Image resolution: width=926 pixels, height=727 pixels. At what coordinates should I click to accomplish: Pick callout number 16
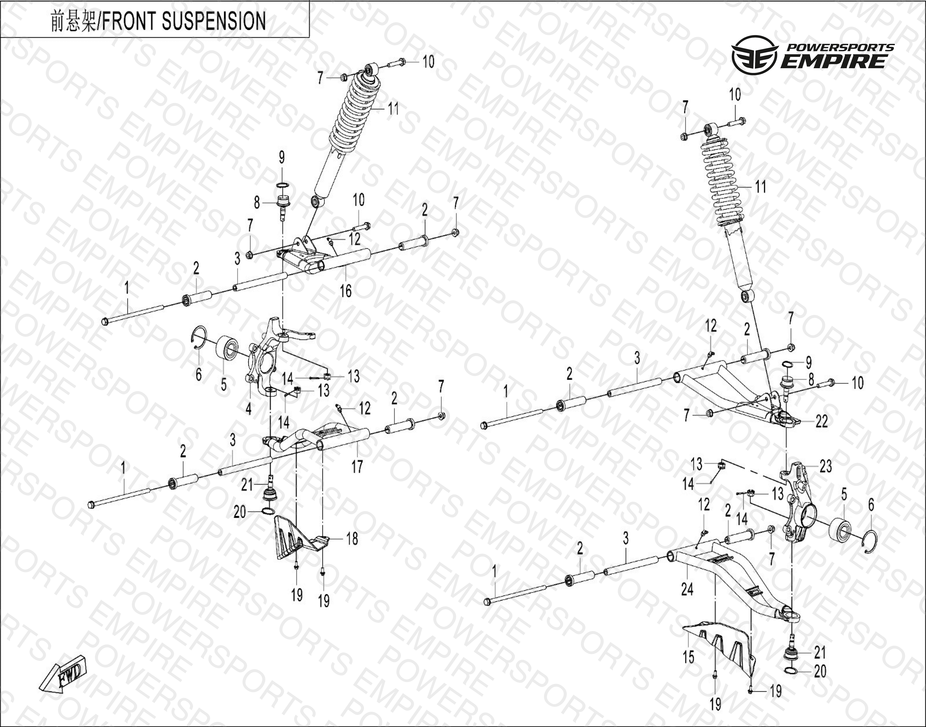[x=345, y=291]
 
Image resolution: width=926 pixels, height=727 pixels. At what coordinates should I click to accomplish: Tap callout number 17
[x=357, y=466]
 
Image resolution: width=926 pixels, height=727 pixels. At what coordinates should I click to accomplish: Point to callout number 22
[x=821, y=421]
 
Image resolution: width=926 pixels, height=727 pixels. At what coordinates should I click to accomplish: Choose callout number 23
[x=825, y=466]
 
